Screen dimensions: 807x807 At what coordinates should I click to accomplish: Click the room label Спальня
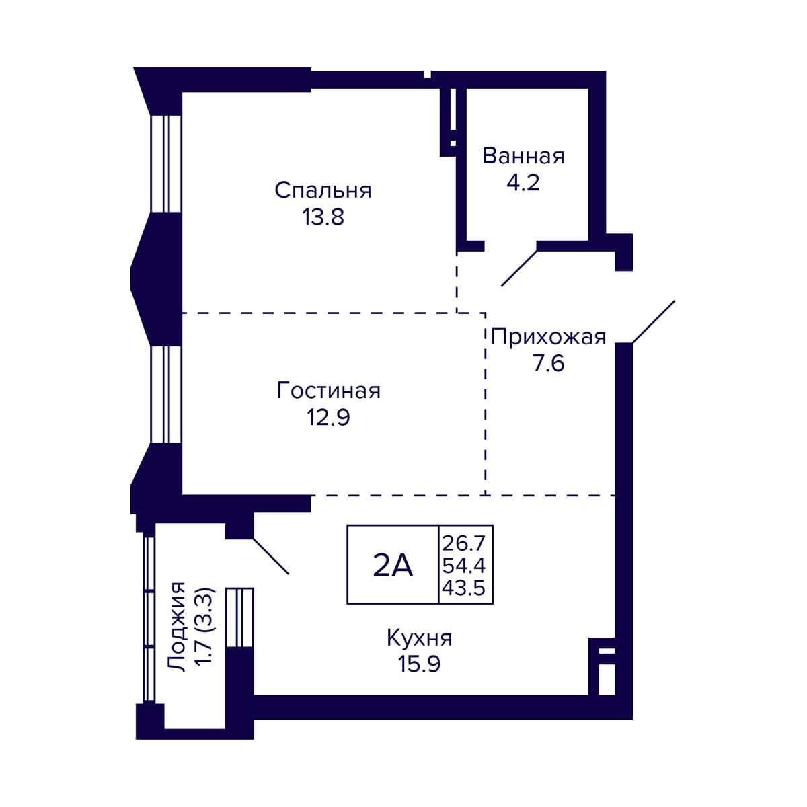(323, 190)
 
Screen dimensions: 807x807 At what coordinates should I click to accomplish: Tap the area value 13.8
(323, 217)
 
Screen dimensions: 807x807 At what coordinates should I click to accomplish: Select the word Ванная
(523, 156)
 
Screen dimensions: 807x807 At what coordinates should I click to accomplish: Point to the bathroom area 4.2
(523, 182)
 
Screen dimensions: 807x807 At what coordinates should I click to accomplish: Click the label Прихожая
(548, 336)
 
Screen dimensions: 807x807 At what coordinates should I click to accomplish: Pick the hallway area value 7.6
(548, 363)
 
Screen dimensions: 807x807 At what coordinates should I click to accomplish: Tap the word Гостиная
(329, 391)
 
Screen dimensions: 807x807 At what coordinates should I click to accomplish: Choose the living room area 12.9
(329, 418)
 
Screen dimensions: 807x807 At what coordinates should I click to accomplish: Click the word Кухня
(419, 638)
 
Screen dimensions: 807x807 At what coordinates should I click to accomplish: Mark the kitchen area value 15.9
(419, 664)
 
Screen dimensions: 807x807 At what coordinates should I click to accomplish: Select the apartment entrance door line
(652, 321)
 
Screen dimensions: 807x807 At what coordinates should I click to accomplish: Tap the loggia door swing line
(270, 555)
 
